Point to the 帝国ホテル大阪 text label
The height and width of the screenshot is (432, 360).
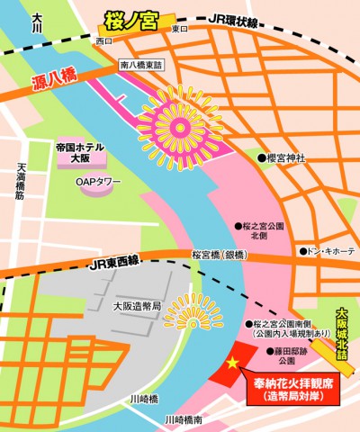80,152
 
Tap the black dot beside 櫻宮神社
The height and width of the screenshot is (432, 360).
261,158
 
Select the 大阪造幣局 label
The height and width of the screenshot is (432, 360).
137,306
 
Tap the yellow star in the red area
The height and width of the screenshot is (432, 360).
233,362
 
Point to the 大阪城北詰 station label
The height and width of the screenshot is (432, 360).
341,334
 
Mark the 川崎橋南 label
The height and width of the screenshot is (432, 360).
184,420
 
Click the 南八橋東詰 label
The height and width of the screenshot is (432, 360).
143,64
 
